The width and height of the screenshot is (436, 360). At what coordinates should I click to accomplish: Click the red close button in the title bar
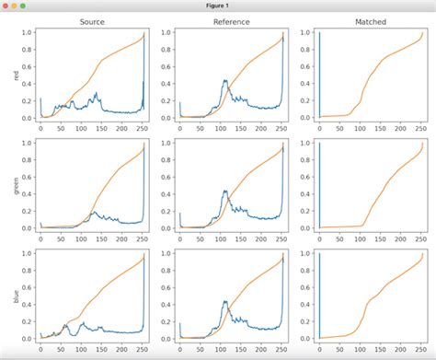point(6,6)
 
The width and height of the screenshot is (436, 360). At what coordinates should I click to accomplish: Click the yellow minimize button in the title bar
point(17,6)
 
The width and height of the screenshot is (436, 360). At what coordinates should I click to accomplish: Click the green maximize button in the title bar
point(29,6)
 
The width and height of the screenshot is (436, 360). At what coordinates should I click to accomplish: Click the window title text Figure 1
point(218,6)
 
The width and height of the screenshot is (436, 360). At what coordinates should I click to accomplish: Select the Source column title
point(92,21)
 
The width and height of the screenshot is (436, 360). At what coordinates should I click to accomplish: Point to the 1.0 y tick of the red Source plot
point(27,33)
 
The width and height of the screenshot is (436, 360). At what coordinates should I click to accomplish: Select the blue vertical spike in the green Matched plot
point(319,184)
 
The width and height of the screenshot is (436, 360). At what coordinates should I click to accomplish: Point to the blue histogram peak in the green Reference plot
point(225,192)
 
